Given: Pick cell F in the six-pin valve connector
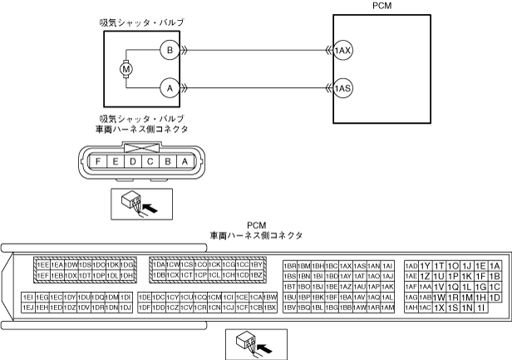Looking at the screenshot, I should click(x=99, y=160).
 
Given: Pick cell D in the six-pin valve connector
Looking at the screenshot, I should click(x=133, y=160).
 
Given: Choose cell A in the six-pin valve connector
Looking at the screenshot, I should click(x=185, y=160).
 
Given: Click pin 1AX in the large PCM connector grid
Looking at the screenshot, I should click(x=346, y=265).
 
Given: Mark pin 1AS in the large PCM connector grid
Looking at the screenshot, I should click(x=360, y=265).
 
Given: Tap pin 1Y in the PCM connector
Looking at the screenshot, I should click(x=426, y=265).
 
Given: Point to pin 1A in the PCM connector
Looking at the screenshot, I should click(x=495, y=265).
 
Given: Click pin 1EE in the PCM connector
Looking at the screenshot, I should click(x=43, y=264).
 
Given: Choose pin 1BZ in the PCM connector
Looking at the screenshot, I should click(x=257, y=274).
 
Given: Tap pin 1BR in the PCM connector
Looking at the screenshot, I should click(x=290, y=265).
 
